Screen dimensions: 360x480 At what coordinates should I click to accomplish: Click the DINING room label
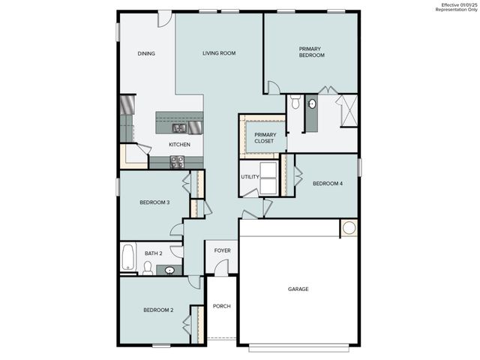coord(146,53)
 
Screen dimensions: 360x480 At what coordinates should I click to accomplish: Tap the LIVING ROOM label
coord(220,53)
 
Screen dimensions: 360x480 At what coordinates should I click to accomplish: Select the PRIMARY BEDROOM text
coord(311,52)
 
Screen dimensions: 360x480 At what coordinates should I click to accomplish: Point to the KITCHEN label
coord(179,145)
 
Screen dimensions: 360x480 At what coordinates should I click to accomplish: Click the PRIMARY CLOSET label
coord(265,138)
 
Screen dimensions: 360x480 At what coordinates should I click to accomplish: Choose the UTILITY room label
coord(250,177)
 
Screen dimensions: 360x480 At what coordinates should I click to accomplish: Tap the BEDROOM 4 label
coord(327,183)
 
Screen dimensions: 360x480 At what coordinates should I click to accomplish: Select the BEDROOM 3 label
coord(154,202)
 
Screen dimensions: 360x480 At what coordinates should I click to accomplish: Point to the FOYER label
coord(223,250)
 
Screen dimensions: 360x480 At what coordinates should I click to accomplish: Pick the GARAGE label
coord(298,289)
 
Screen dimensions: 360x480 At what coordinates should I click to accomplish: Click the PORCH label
coord(221,306)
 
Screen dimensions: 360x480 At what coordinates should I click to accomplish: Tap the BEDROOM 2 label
coord(159,310)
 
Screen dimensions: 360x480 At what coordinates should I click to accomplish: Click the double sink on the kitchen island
coord(179,127)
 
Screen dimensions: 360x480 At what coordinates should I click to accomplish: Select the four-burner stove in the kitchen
coord(178,160)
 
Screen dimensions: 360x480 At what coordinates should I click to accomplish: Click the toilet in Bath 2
coord(148,268)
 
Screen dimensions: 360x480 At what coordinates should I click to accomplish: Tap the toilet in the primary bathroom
coord(295,103)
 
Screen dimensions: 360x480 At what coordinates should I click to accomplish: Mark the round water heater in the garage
coord(349,228)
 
